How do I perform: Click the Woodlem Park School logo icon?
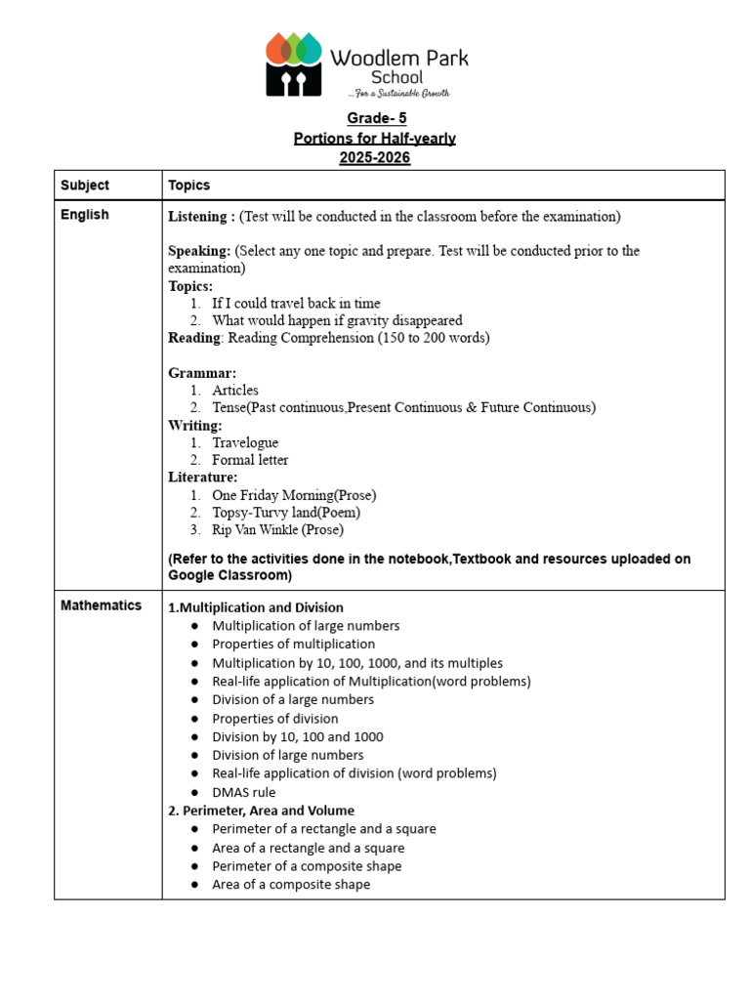tap(294, 64)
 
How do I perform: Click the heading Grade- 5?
tap(375, 119)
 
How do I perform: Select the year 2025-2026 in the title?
tap(375, 158)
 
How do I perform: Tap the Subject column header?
tap(85, 186)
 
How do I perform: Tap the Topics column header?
tap(188, 186)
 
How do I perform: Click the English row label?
tap(85, 215)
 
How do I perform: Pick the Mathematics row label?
tap(101, 605)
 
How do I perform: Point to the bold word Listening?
tap(198, 217)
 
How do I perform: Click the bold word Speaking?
tap(199, 251)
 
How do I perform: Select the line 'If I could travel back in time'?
tap(296, 304)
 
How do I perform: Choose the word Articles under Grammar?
tap(235, 390)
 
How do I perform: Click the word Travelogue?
tap(245, 442)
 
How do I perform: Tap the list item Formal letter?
tap(250, 460)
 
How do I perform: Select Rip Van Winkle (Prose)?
tap(277, 530)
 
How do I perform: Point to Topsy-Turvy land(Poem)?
tap(286, 513)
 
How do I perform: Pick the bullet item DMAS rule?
tap(244, 792)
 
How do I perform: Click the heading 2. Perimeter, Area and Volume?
tap(261, 811)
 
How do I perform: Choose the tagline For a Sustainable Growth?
tap(398, 94)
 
